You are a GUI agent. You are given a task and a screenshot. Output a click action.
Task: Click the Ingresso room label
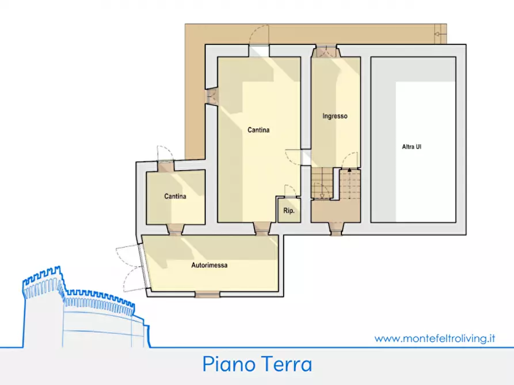click(334, 116)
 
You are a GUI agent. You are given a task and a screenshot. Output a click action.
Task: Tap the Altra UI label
click(412, 147)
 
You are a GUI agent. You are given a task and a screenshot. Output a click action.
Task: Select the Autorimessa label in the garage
click(209, 265)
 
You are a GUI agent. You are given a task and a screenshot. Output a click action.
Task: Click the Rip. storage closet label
click(288, 211)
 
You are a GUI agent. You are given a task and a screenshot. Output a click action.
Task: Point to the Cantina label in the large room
click(258, 130)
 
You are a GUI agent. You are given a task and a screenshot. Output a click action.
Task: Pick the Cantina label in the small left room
click(175, 197)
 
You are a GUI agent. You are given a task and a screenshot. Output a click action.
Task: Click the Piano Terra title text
click(257, 364)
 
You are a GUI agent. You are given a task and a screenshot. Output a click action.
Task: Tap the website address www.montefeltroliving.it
click(435, 338)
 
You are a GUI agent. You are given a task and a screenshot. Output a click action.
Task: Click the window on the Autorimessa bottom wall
click(207, 295)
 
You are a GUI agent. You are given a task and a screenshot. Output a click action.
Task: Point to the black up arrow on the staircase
click(349, 170)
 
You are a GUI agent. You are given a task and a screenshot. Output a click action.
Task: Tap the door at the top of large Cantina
click(258, 51)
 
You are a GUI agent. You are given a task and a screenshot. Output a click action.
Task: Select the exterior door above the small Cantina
click(166, 166)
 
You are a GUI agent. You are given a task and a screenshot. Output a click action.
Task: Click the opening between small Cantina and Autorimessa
click(175, 229)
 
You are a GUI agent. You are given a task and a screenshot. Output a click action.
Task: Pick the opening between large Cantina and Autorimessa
click(262, 229)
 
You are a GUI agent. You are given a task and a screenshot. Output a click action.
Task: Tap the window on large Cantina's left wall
click(212, 96)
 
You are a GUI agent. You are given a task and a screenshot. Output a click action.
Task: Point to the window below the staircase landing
click(336, 229)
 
